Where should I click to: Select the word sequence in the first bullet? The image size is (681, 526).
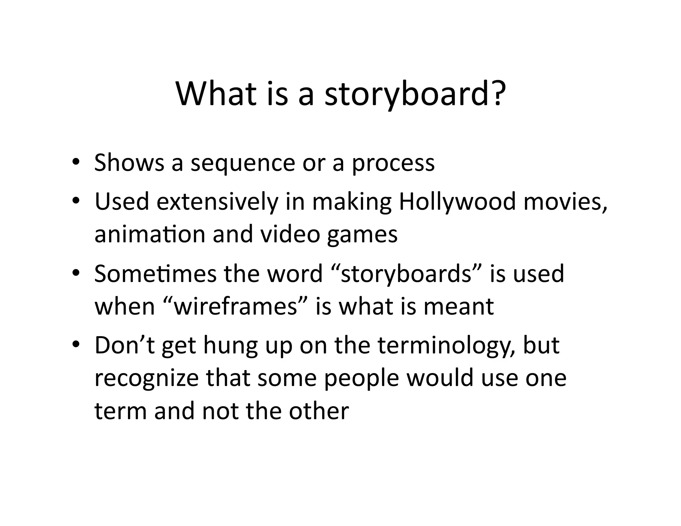pyautogui.click(x=243, y=164)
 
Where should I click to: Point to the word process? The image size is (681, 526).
pyautogui.click(x=393, y=164)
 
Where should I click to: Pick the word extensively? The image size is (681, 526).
pyautogui.click(x=217, y=202)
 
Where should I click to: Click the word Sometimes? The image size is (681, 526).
pyautogui.click(x=155, y=273)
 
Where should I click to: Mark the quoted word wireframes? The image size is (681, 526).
pyautogui.click(x=235, y=306)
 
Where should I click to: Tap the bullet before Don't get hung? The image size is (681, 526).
pyautogui.click(x=76, y=344)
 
